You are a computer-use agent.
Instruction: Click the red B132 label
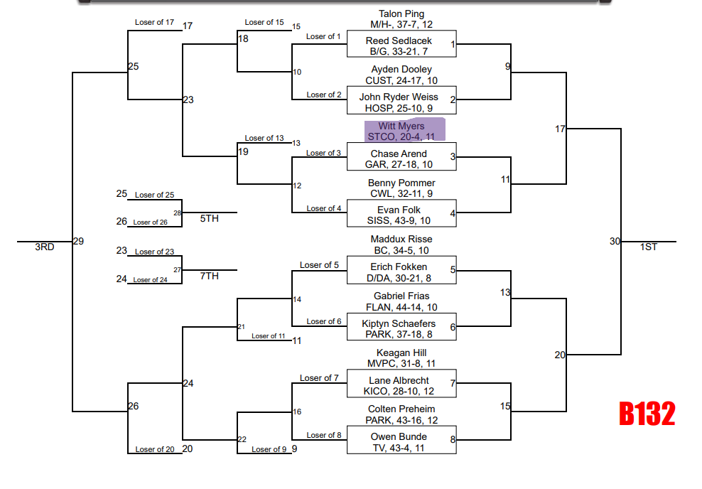[x=647, y=414]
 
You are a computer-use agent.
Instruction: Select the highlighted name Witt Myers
[x=401, y=127]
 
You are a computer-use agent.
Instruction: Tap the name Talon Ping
[x=401, y=14]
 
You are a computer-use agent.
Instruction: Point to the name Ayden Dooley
[x=401, y=70]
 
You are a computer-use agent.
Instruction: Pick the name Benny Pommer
[x=401, y=183]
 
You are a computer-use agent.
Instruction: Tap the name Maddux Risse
[x=401, y=240]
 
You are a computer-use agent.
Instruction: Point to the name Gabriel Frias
[x=401, y=296]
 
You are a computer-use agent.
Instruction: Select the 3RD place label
[x=45, y=247]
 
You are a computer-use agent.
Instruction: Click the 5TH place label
[x=209, y=218]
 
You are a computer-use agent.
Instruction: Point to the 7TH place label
[x=209, y=276]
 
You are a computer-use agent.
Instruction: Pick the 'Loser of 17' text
[x=154, y=23]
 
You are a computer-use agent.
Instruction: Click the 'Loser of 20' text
[x=155, y=449]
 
